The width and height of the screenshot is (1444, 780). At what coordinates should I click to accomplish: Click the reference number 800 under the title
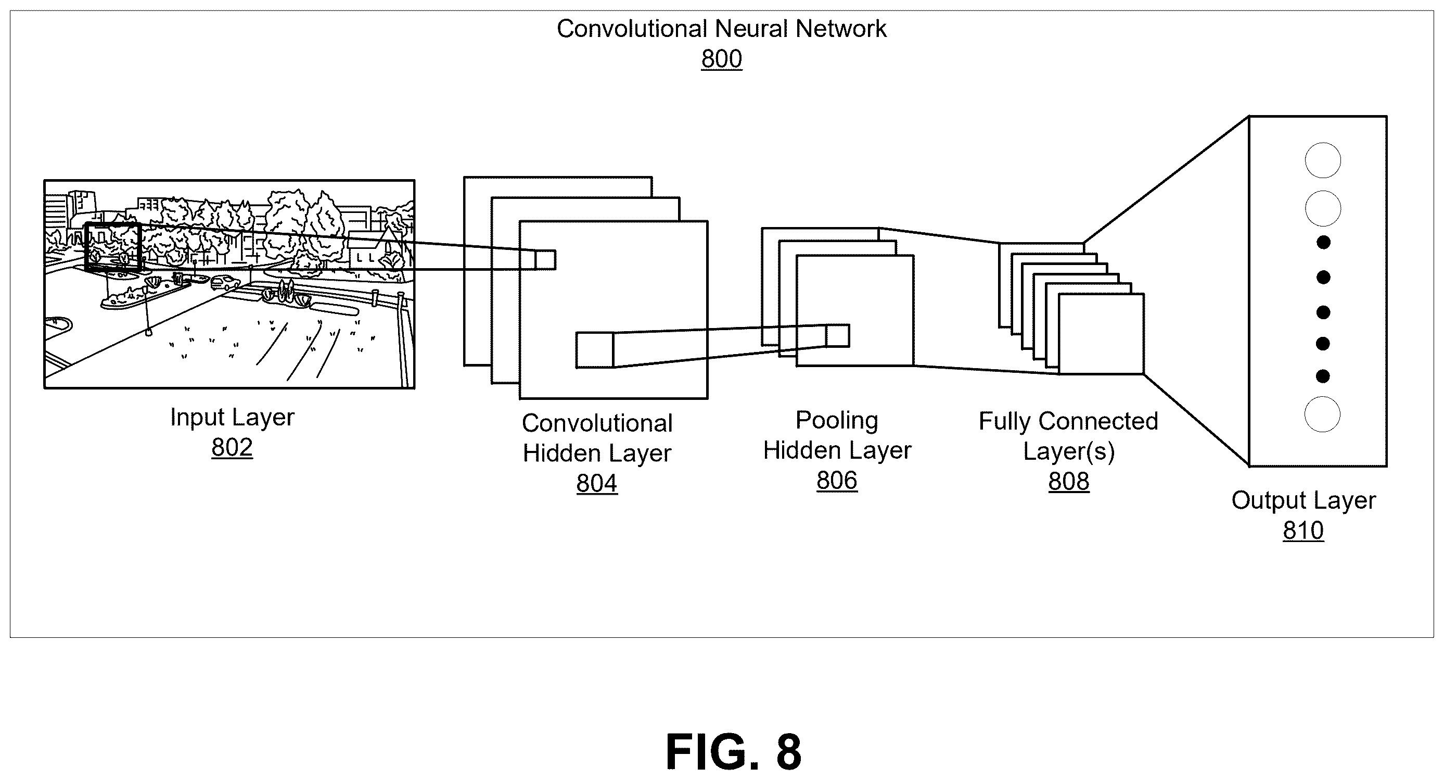pyautogui.click(x=721, y=59)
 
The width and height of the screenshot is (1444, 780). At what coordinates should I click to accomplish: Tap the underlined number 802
pyautogui.click(x=232, y=447)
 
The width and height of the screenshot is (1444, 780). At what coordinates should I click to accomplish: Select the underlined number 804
pyautogui.click(x=597, y=483)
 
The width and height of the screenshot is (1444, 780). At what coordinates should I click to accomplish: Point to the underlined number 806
pyautogui.click(x=837, y=481)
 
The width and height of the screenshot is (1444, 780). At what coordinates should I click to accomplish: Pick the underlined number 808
pyautogui.click(x=1069, y=481)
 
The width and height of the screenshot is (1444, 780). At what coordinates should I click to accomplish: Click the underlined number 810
pyautogui.click(x=1304, y=531)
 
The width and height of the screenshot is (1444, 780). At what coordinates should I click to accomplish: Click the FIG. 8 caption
pyautogui.click(x=733, y=752)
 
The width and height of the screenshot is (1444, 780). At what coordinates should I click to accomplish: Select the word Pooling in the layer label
pyautogui.click(x=837, y=421)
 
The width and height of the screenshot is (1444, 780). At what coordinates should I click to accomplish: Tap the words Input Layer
pyautogui.click(x=232, y=418)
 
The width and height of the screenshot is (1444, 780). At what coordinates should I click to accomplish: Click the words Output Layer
pyautogui.click(x=1304, y=501)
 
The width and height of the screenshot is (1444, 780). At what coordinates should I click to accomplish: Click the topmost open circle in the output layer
pyautogui.click(x=1323, y=160)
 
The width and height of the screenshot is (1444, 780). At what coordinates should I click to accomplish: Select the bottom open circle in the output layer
pyautogui.click(x=1322, y=414)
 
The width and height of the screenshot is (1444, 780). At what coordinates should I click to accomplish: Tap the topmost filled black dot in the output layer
pyautogui.click(x=1323, y=243)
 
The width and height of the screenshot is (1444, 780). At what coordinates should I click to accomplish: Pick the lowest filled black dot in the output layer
pyautogui.click(x=1323, y=376)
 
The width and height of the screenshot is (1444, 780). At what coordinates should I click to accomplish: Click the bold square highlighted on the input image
pyautogui.click(x=85, y=247)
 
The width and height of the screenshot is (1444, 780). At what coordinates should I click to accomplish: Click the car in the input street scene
pyautogui.click(x=225, y=283)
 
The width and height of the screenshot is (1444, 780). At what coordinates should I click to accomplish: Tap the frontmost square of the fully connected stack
pyautogui.click(x=1101, y=334)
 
